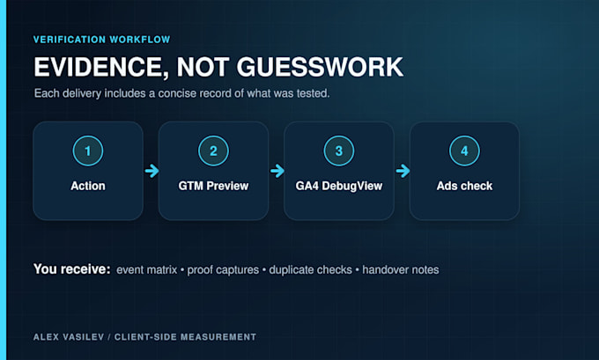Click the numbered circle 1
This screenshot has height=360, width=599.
pos(88,151)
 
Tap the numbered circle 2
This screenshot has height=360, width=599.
pos(213,151)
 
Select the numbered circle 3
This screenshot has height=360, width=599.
pos(339,151)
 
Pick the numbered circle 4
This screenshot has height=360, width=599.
pos(464,151)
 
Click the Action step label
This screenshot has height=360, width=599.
pos(88,186)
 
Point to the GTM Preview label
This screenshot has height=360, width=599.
pos(213,186)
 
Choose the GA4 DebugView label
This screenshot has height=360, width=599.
pos(339,186)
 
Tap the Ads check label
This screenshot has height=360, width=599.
pos(464,186)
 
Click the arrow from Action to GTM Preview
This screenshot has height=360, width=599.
pos(152,171)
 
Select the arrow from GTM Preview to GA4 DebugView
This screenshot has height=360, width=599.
pos(277,171)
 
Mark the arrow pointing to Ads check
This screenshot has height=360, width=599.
pos(403,171)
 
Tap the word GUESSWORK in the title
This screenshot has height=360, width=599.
pos(320,67)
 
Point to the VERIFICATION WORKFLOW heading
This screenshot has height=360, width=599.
pos(101,40)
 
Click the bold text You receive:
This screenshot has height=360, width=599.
pos(72,269)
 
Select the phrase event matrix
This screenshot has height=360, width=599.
pos(147,270)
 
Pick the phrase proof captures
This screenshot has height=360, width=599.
pos(223,270)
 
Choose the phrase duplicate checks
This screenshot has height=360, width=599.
pos(311,270)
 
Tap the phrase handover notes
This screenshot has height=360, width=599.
pos(401,270)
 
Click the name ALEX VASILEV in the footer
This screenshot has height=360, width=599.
pos(69,337)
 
